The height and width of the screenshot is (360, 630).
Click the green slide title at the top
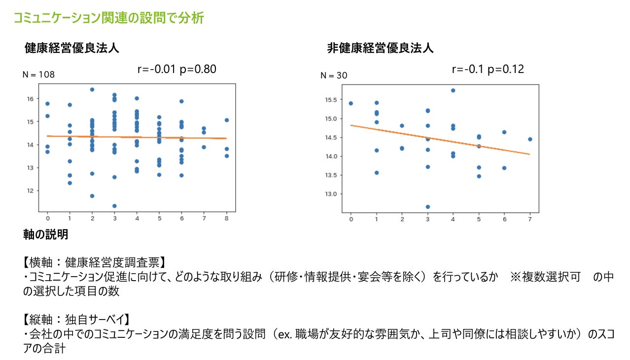tap(108, 18)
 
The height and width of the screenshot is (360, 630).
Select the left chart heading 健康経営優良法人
tap(71, 48)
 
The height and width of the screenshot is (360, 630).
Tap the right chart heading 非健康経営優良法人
tap(380, 48)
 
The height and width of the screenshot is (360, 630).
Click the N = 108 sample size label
tap(38, 75)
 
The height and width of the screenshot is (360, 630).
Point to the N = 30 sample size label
tap(334, 75)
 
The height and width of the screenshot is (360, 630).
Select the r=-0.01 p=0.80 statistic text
tap(177, 69)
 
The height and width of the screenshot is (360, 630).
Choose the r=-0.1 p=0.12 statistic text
tap(488, 69)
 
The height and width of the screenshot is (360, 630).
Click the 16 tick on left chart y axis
tap(30, 99)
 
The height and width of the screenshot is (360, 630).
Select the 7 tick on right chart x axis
tap(530, 219)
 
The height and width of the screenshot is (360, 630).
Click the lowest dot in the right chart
tap(427, 207)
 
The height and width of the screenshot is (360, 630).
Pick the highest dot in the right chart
tap(453, 90)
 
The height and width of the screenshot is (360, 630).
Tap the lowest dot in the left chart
tap(114, 206)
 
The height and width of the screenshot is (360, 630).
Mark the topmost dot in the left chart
tap(92, 89)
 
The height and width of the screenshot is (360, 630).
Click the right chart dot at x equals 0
tap(350, 103)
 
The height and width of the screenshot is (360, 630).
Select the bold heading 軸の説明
tap(45, 235)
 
